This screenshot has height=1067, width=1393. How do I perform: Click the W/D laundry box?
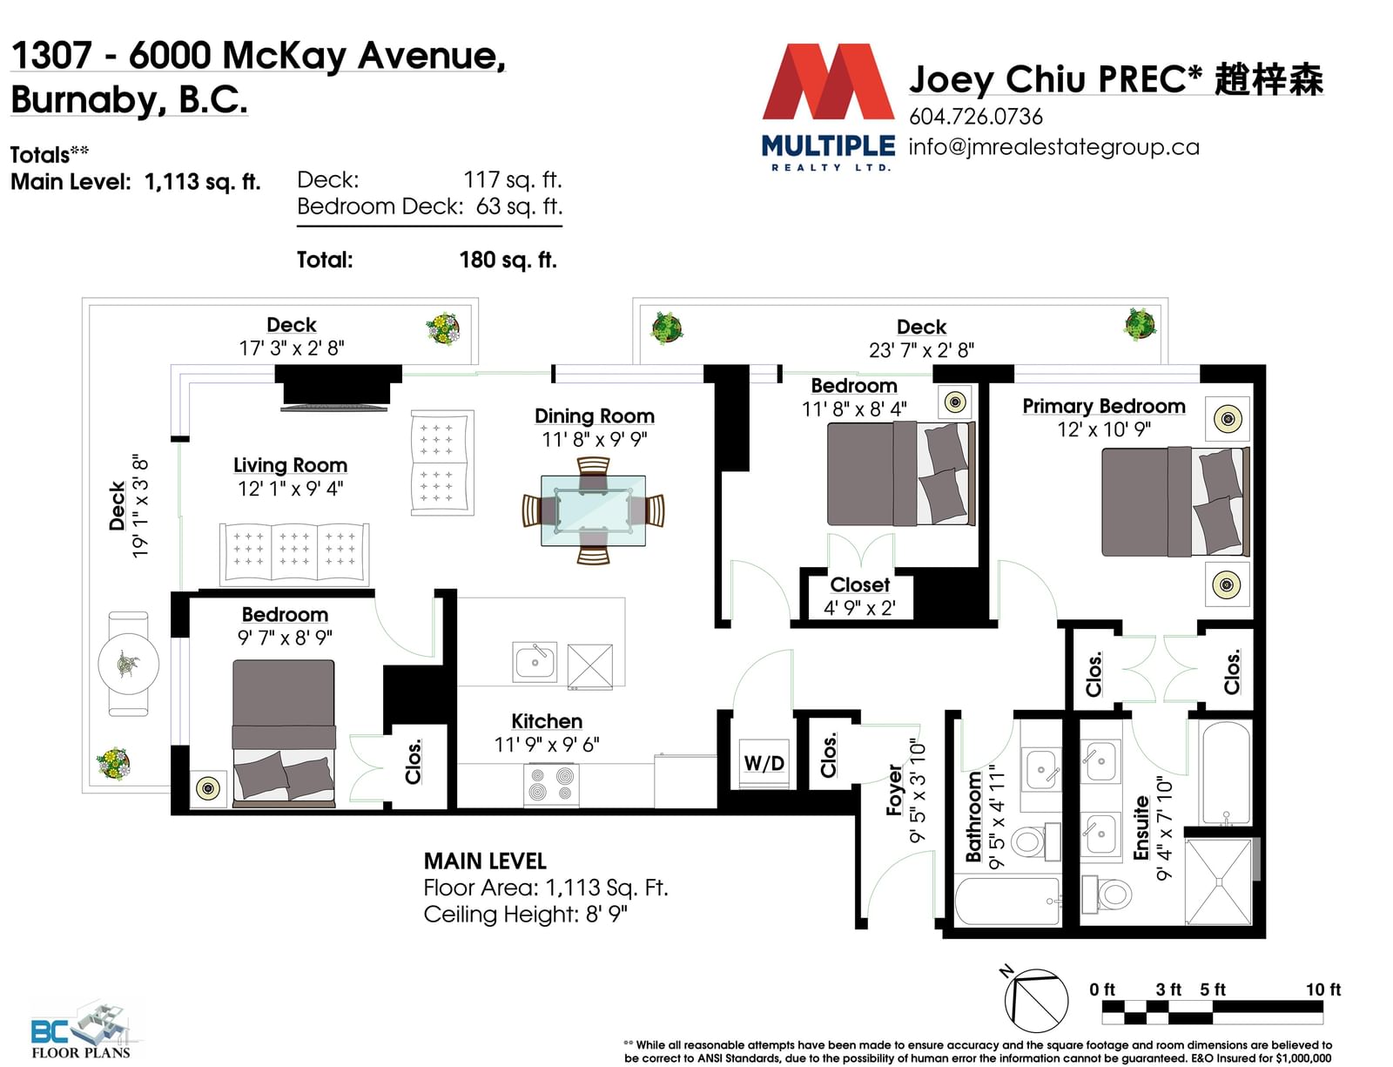click(x=764, y=763)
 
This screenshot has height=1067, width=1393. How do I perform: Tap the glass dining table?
click(x=593, y=510)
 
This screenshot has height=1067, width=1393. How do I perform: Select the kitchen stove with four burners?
click(x=551, y=785)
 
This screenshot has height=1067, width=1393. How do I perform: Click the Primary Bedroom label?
click(x=1103, y=406)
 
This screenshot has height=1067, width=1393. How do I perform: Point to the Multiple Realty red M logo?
click(x=828, y=81)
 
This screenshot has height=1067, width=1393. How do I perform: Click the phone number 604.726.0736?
click(x=976, y=117)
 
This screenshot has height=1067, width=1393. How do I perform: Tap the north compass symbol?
click(x=1034, y=998)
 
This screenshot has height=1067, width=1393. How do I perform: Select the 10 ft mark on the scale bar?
click(x=1323, y=989)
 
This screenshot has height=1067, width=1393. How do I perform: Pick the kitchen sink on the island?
click(x=535, y=661)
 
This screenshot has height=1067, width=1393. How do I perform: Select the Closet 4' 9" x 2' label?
click(x=859, y=596)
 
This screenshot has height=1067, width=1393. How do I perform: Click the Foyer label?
click(x=894, y=790)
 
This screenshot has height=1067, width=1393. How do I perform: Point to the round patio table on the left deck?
click(x=128, y=664)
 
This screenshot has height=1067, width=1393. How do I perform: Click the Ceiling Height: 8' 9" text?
click(x=525, y=915)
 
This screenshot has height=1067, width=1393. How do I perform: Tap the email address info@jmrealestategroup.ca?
click(x=1053, y=147)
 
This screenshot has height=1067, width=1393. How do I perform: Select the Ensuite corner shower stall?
click(x=1218, y=882)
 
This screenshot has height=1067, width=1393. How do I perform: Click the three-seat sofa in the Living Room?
click(x=294, y=554)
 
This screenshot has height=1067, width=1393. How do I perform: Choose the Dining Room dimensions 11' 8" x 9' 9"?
click(x=595, y=440)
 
